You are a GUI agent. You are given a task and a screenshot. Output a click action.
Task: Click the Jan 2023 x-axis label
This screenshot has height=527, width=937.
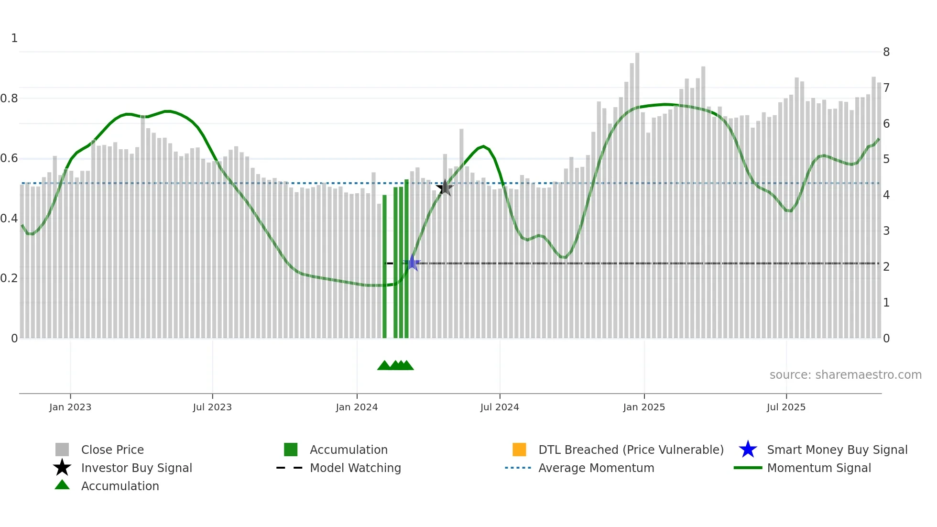[x=70, y=407]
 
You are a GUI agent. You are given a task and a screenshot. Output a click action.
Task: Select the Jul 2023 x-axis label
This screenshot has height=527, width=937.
[x=212, y=407]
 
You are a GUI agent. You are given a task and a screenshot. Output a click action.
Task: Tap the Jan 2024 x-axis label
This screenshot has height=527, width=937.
[x=357, y=407]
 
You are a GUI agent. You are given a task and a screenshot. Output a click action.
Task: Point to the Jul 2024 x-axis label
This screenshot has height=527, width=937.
[x=500, y=407]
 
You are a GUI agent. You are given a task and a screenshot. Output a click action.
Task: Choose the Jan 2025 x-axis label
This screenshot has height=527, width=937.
[x=644, y=407]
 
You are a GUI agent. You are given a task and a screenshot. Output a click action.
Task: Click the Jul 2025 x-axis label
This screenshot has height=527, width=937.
[x=786, y=407]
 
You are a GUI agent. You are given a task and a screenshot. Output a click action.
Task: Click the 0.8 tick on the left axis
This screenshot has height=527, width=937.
[x=10, y=99]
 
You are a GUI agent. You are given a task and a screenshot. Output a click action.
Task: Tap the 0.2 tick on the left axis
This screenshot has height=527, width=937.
[x=10, y=278]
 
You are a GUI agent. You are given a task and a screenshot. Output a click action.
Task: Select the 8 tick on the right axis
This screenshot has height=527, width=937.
[x=886, y=52]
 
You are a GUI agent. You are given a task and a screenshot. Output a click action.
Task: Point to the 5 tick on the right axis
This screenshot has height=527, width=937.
[x=886, y=159]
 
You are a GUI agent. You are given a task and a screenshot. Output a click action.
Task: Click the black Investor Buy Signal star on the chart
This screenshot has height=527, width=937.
[x=445, y=188]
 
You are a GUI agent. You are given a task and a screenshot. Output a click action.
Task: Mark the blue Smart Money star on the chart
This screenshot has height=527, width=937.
[x=412, y=263]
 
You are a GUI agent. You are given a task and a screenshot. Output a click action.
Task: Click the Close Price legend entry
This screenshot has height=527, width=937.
[x=112, y=450]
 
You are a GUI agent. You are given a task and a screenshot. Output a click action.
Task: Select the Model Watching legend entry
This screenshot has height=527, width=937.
[x=355, y=468]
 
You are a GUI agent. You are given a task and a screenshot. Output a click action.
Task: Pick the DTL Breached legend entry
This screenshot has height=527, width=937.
[x=631, y=450]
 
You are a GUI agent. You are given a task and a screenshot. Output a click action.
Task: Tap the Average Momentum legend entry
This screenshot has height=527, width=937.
[x=596, y=468]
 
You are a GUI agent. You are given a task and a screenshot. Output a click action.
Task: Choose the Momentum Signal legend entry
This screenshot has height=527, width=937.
[x=819, y=468]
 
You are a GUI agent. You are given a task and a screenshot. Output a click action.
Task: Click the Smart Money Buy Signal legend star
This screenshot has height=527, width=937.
[x=748, y=450]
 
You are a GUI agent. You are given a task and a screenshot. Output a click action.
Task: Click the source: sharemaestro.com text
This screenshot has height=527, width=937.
[x=845, y=375]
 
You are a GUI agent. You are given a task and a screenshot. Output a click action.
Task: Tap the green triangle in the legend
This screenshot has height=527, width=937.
[x=62, y=485]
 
